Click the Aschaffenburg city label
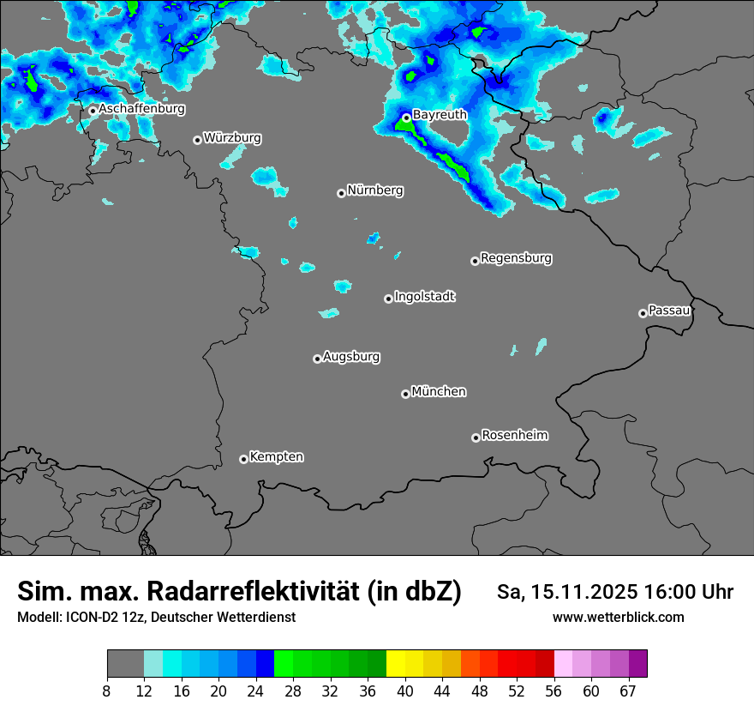click(x=141, y=109)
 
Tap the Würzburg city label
click(x=232, y=137)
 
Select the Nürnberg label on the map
click(x=374, y=190)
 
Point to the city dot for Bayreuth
click(x=406, y=118)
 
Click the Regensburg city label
click(x=516, y=257)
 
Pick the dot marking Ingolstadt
click(x=388, y=299)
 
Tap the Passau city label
click(x=669, y=310)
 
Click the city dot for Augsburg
click(x=317, y=359)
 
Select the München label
click(x=439, y=391)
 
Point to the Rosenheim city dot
click(x=476, y=437)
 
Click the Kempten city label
click(x=276, y=456)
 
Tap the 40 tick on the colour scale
click(x=405, y=691)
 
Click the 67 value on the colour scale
click(x=628, y=691)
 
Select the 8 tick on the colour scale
click(x=107, y=691)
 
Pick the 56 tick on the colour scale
click(x=554, y=691)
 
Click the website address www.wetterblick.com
click(x=618, y=618)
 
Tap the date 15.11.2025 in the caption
click(x=585, y=593)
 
